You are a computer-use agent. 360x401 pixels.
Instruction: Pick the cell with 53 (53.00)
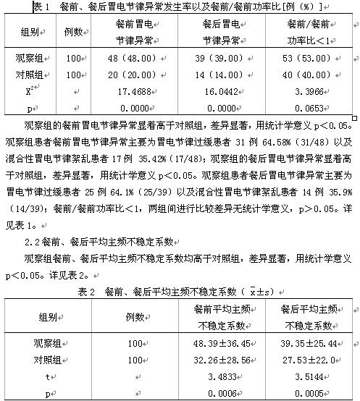[x=308, y=58]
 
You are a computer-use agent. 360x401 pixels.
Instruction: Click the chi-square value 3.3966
[x=308, y=90]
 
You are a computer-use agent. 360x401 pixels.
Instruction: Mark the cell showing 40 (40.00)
[x=308, y=74]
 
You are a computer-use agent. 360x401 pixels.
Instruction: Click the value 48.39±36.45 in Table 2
[x=223, y=342]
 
